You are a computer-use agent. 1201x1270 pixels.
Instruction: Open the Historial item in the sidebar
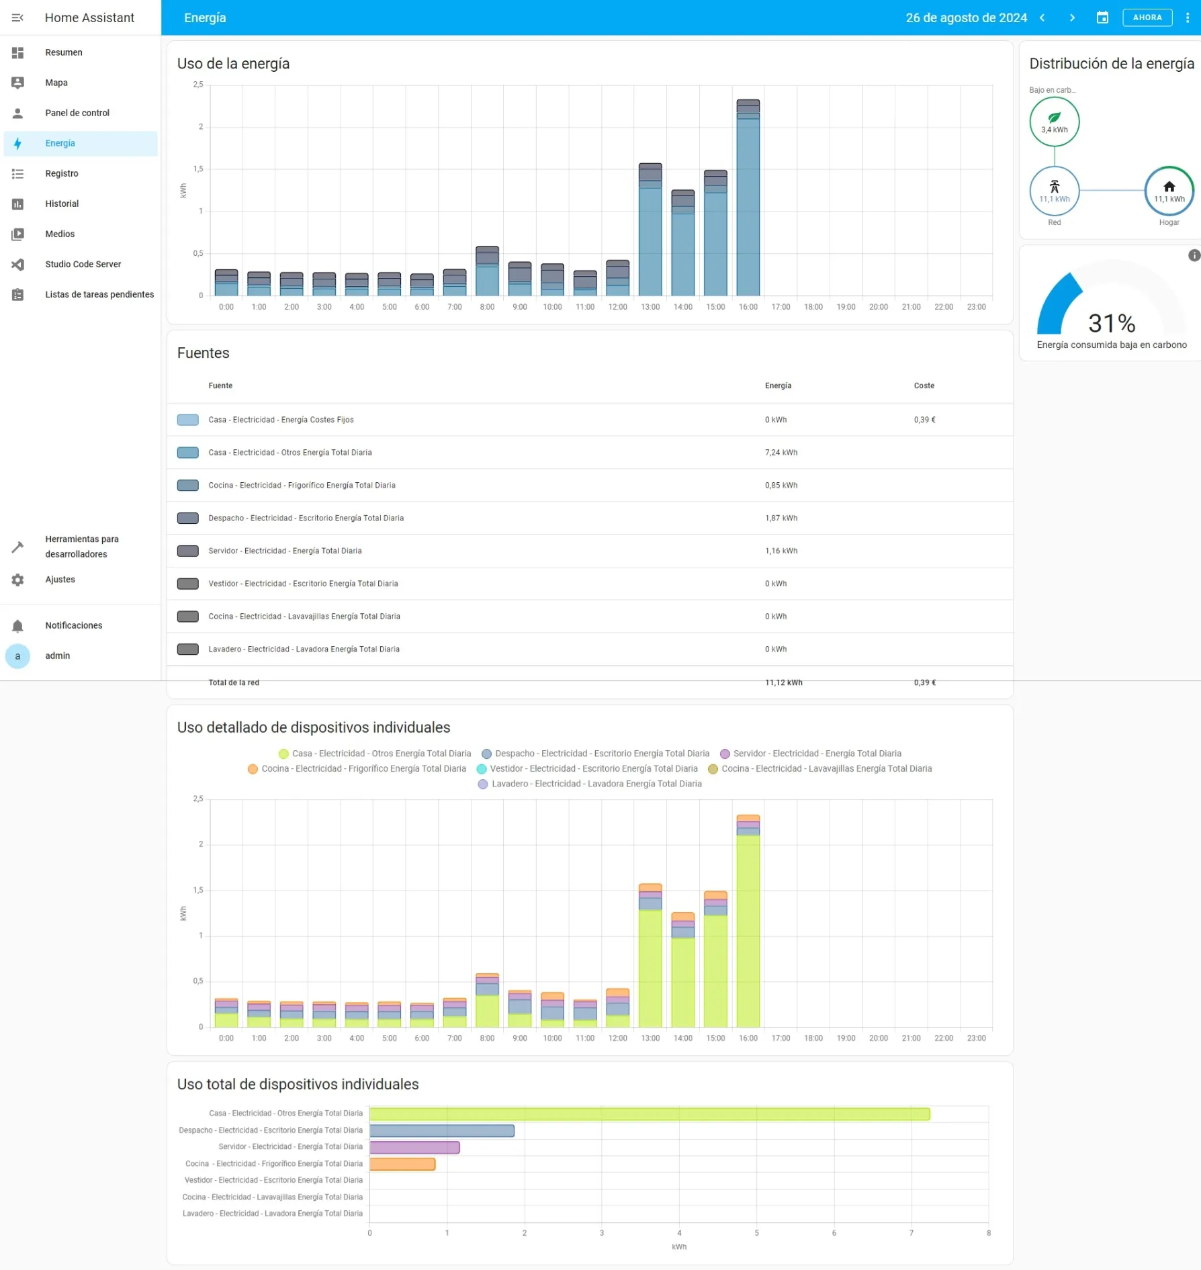pos(62,203)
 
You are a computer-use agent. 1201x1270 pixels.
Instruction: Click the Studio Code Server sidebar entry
pos(83,264)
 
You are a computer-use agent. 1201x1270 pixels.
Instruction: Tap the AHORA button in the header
pos(1147,17)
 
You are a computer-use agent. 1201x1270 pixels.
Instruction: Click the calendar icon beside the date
pos(1102,17)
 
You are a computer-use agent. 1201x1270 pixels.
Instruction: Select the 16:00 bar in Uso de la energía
pos(748,197)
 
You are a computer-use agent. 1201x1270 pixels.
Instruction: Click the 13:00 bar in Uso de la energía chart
pos(650,229)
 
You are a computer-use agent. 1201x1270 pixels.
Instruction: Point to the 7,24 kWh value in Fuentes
pos(781,453)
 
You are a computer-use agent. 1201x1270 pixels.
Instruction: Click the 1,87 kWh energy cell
pos(781,518)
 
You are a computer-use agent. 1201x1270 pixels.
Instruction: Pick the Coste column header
pos(924,385)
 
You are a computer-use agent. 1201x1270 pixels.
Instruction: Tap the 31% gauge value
pos(1112,323)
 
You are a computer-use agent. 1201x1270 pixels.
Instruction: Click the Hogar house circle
pos(1169,191)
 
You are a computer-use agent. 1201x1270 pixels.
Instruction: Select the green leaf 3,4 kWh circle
pos(1054,122)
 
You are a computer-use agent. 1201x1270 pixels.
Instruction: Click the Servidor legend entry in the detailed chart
pos(811,754)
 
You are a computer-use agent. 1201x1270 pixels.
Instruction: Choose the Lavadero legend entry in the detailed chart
pos(590,784)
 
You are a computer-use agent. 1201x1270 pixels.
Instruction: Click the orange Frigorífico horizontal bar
pos(402,1164)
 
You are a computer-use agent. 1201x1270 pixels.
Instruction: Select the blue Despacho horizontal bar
pos(442,1131)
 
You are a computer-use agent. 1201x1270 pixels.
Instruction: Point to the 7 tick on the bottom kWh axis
pos(911,1233)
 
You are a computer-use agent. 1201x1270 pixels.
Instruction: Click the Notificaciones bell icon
pos(17,626)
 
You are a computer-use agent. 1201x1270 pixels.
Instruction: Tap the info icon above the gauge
pos(1194,255)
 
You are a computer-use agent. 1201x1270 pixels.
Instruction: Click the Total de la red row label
pos(234,682)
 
